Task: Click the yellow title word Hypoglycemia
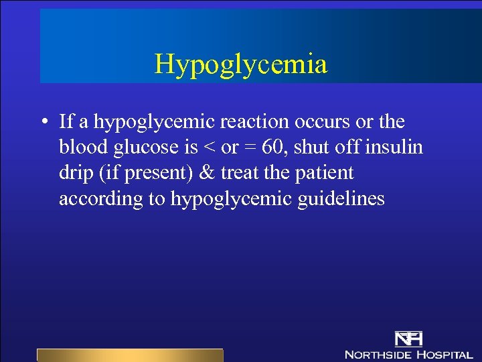pyautogui.click(x=241, y=64)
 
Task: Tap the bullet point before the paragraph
pyautogui.click(x=42, y=123)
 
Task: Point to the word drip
pyautogui.click(x=74, y=173)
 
